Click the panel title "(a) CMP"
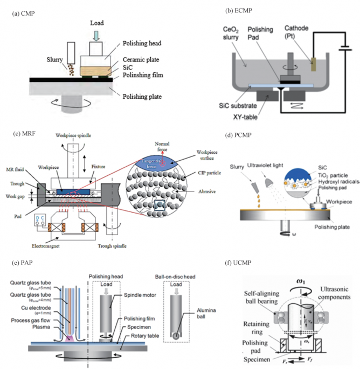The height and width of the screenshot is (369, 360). (x=26, y=12)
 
